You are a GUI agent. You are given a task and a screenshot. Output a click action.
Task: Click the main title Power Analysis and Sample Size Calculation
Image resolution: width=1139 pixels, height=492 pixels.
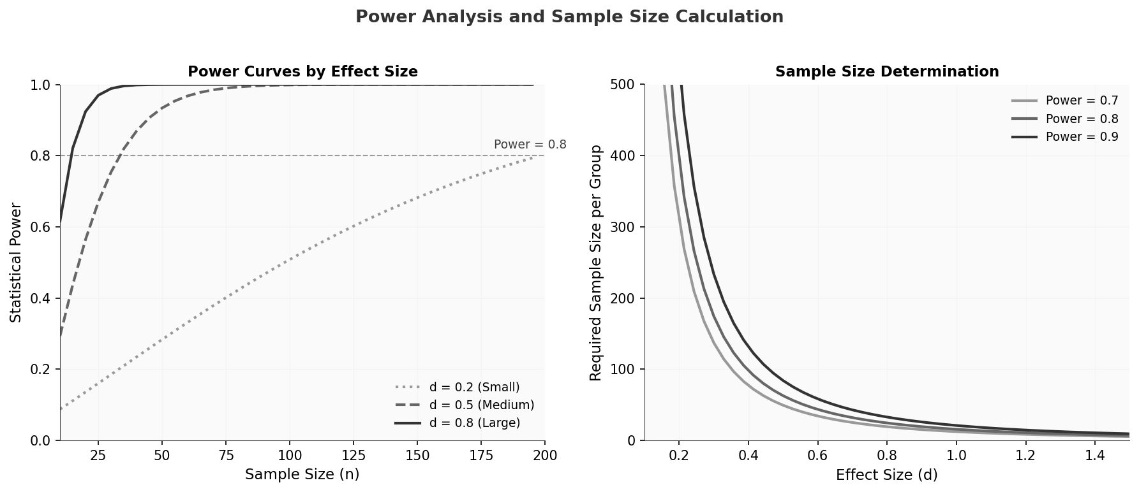point(569,17)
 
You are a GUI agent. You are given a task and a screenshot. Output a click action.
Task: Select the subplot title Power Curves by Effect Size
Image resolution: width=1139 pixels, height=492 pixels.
point(302,72)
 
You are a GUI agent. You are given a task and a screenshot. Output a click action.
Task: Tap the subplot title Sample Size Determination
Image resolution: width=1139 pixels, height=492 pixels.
point(887,72)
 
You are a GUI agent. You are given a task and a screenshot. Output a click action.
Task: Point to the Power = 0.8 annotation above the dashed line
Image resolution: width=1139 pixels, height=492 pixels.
point(530,145)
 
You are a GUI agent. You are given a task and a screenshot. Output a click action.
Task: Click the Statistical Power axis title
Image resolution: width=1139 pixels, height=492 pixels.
point(16,263)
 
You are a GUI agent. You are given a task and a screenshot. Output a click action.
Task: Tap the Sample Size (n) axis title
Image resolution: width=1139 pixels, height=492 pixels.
point(302,475)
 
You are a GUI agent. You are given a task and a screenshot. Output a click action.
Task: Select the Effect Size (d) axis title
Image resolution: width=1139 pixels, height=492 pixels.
point(887,475)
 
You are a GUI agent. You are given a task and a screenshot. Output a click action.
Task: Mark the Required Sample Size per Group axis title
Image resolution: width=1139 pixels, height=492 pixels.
point(596,263)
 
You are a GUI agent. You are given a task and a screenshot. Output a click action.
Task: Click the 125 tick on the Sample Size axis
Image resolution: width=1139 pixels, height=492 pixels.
point(354,456)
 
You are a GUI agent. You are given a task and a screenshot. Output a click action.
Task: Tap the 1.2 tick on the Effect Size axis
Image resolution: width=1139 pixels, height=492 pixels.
point(1025,456)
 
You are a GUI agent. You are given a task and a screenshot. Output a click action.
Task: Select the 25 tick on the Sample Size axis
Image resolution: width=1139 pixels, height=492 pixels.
point(98,456)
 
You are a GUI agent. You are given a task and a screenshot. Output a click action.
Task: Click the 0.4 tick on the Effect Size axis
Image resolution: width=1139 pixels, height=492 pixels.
point(748,456)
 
